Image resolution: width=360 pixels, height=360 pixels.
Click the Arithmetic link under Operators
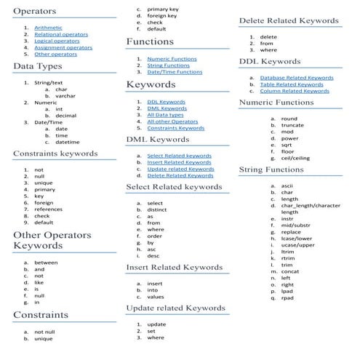coord(47,28)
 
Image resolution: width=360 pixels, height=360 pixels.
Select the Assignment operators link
coord(63,47)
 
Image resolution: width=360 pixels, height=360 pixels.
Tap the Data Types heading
coord(42,67)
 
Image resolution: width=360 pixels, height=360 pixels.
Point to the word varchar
coord(66,96)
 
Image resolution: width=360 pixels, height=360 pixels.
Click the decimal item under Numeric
coord(66,116)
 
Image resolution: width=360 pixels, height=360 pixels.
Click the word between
coord(46,263)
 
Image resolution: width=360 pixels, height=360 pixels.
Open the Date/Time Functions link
coord(175,72)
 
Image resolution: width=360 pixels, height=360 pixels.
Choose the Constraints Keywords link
coord(175,128)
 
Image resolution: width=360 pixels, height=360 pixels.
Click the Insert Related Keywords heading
coord(174,268)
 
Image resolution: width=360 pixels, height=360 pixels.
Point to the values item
coord(156,297)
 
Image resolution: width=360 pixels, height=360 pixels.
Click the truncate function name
coord(292,125)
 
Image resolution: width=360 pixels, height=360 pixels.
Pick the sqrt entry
coord(288,145)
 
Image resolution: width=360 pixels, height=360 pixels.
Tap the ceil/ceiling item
coord(295,158)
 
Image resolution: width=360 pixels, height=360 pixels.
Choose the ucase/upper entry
coord(298,245)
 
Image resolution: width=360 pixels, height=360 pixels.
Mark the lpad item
coord(287,291)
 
